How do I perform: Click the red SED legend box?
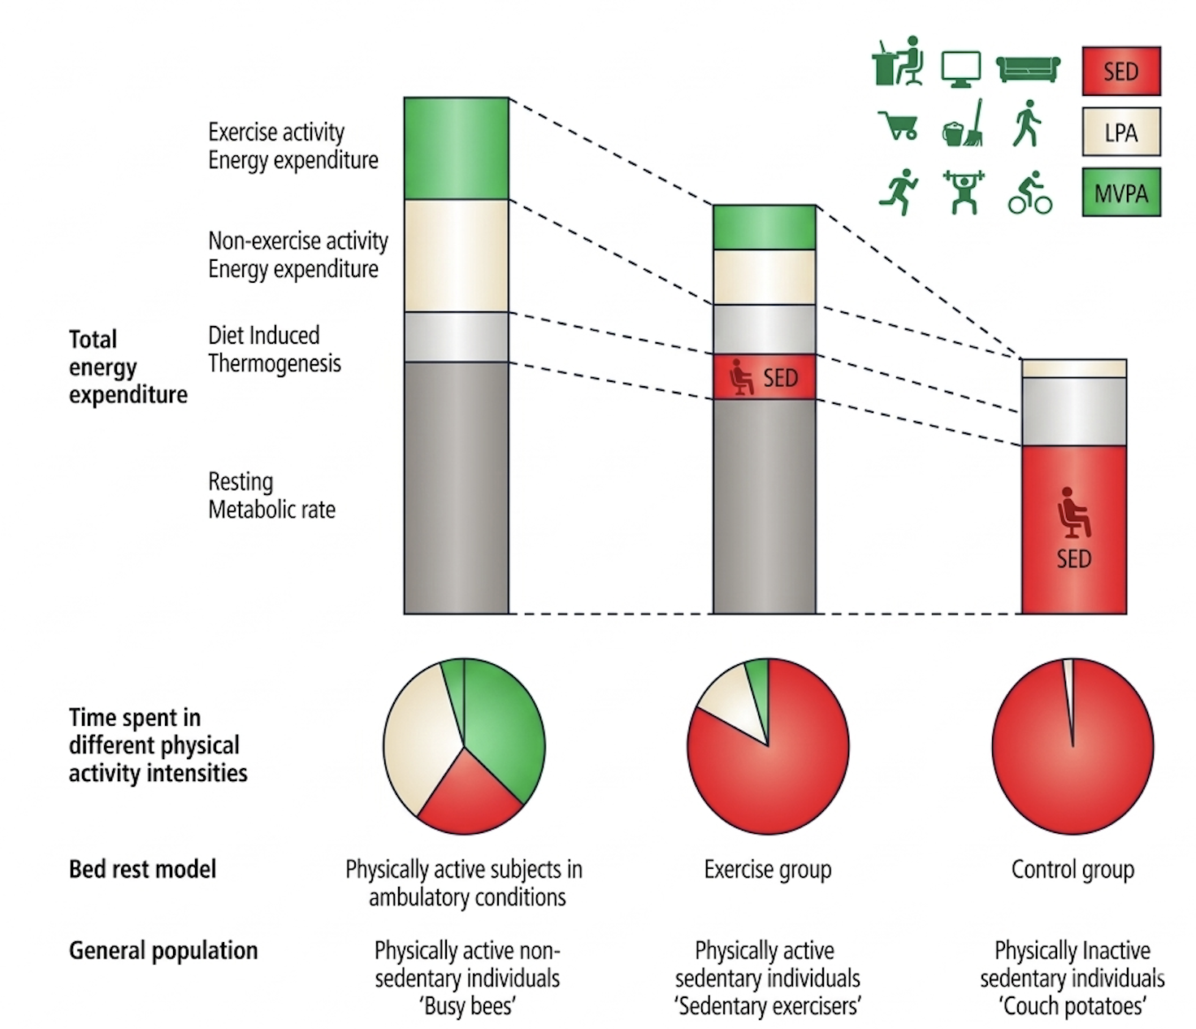(1120, 72)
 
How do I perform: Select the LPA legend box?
(1120, 132)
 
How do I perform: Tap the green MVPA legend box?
(1120, 193)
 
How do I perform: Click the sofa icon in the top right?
(1028, 68)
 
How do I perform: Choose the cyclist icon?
(1030, 193)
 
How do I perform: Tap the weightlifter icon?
(964, 193)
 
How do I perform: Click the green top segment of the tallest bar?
(456, 148)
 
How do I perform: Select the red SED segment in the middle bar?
(764, 377)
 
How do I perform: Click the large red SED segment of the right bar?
(1073, 528)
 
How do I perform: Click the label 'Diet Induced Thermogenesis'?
(274, 350)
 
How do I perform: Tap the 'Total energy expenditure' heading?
(128, 367)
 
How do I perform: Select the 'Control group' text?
(1072, 870)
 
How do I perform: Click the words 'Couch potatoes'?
(1072, 1006)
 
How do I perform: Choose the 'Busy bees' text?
(468, 1006)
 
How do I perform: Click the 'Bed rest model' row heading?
(142, 870)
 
